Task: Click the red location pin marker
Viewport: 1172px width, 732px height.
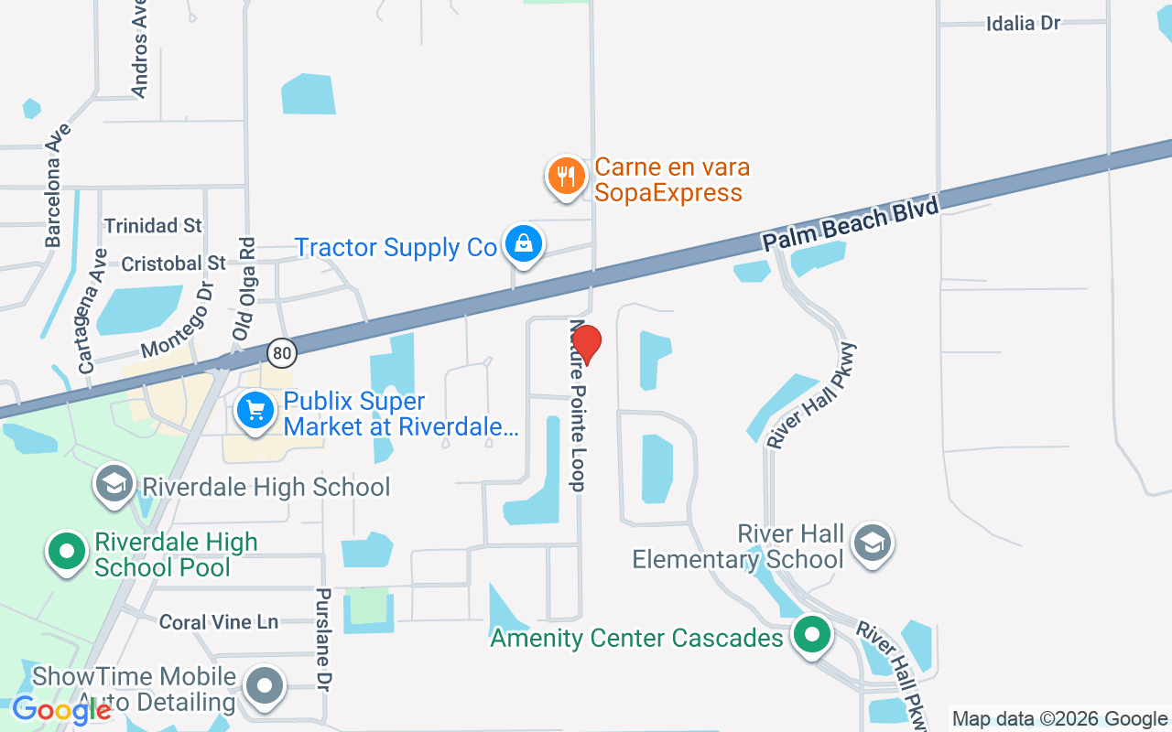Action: pyautogui.click(x=586, y=344)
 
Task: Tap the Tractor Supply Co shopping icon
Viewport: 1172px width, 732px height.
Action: pyautogui.click(x=522, y=243)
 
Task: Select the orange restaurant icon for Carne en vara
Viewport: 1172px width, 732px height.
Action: pyautogui.click(x=566, y=175)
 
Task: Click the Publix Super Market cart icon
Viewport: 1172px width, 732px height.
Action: pyautogui.click(x=255, y=412)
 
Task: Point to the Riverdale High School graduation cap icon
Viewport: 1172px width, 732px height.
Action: pyautogui.click(x=114, y=485)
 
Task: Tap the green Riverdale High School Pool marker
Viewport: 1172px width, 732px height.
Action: pyautogui.click(x=67, y=552)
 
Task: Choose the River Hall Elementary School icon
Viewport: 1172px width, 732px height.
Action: pyautogui.click(x=872, y=544)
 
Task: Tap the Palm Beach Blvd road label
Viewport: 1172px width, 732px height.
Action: pyautogui.click(x=851, y=225)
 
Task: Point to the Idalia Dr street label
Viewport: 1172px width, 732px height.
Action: pyautogui.click(x=1023, y=24)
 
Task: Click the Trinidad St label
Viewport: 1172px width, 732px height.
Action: pyautogui.click(x=153, y=225)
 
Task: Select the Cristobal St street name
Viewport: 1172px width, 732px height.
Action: pyautogui.click(x=173, y=264)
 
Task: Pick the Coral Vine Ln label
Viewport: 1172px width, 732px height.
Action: pyautogui.click(x=218, y=622)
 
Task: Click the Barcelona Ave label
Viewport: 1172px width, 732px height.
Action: pyautogui.click(x=55, y=186)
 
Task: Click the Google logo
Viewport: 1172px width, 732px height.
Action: pyautogui.click(x=62, y=709)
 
